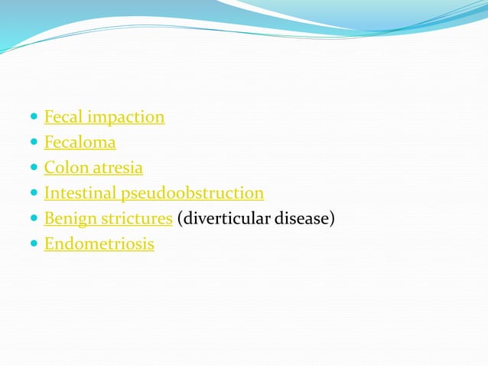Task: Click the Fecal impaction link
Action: pyautogui.click(x=104, y=117)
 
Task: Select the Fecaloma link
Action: pyautogui.click(x=80, y=142)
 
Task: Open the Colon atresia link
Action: pyautogui.click(x=93, y=168)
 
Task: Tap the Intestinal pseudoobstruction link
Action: pyautogui.click(x=154, y=193)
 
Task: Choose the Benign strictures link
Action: pyautogui.click(x=108, y=218)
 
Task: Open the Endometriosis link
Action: pyautogui.click(x=99, y=244)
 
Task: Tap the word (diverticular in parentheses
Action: pyautogui.click(x=219, y=218)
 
